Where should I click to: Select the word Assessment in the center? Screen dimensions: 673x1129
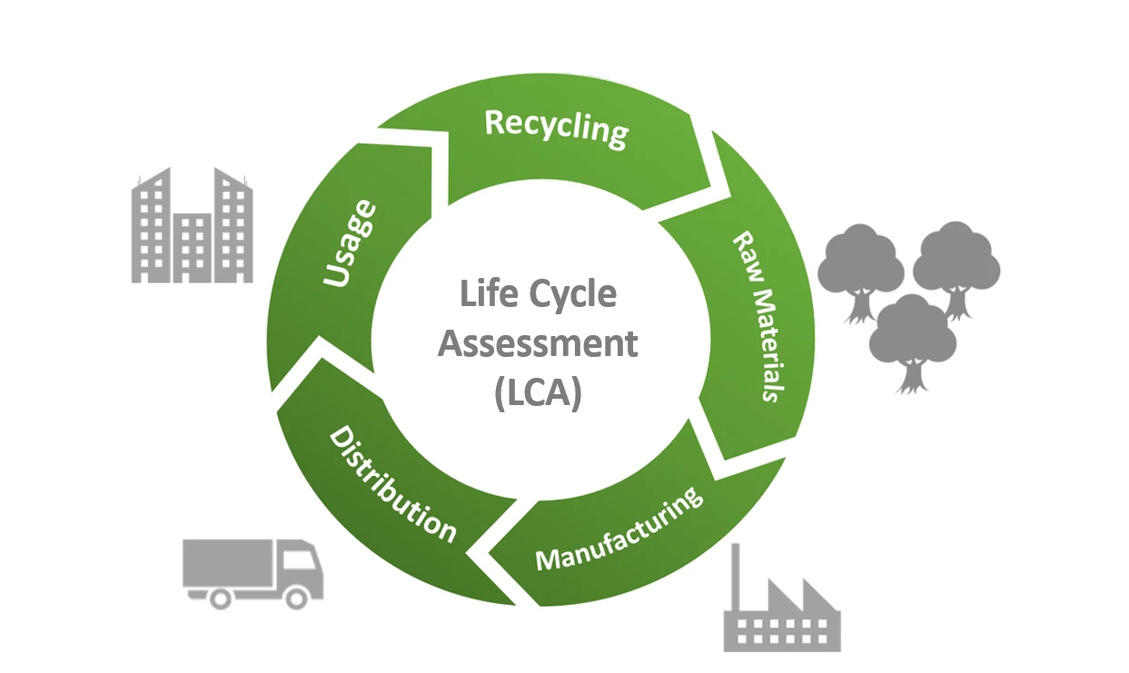[538, 345]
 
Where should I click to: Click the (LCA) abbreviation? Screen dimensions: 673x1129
[538, 395]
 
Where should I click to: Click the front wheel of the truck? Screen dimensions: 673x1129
[296, 596]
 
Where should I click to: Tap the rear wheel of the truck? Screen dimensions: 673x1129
[219, 596]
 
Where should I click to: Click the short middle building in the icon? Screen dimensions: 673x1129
[193, 248]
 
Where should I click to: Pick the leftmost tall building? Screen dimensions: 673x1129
[151, 225]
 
